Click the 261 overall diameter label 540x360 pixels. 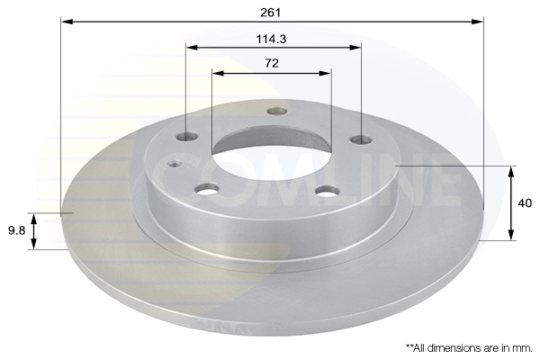point(271,13)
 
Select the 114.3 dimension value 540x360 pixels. point(271,40)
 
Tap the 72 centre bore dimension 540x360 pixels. point(272,63)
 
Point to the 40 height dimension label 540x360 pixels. point(525,203)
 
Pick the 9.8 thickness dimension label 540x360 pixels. point(16,230)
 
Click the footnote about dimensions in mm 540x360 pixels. point(469,348)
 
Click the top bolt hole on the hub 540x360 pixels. point(277,111)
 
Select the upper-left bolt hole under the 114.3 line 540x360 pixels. point(186,137)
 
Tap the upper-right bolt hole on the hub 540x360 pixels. point(361,139)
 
